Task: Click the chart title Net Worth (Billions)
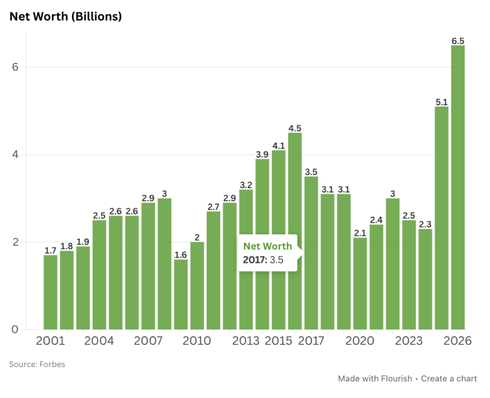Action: tap(65, 17)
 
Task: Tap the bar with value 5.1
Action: tap(441, 218)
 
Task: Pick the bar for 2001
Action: tap(51, 292)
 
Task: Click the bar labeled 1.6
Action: tap(181, 294)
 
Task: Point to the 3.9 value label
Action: tap(262, 154)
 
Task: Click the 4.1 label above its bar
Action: tap(279, 146)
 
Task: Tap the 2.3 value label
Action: tap(425, 224)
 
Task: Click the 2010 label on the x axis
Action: tap(197, 341)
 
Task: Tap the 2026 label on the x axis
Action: tap(458, 341)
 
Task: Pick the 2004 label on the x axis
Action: tap(100, 341)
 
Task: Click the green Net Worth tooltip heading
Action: tap(267, 246)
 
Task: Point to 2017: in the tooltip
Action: tap(255, 259)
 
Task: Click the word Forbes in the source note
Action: tap(52, 364)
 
